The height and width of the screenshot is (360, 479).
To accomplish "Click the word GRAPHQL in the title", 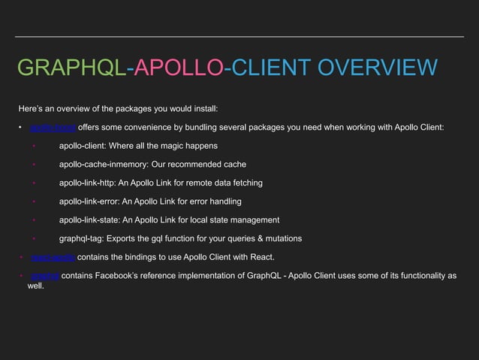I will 72,69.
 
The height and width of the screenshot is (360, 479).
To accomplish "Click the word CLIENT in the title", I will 272,69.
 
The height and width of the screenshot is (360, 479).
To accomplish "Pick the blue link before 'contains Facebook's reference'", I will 44,276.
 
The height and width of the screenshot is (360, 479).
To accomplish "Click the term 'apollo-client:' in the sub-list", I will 86,146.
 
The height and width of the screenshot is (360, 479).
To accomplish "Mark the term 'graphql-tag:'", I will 83,238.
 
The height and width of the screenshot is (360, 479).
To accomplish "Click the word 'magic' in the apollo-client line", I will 174,146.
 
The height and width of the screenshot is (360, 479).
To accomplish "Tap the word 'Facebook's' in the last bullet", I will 125,276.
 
